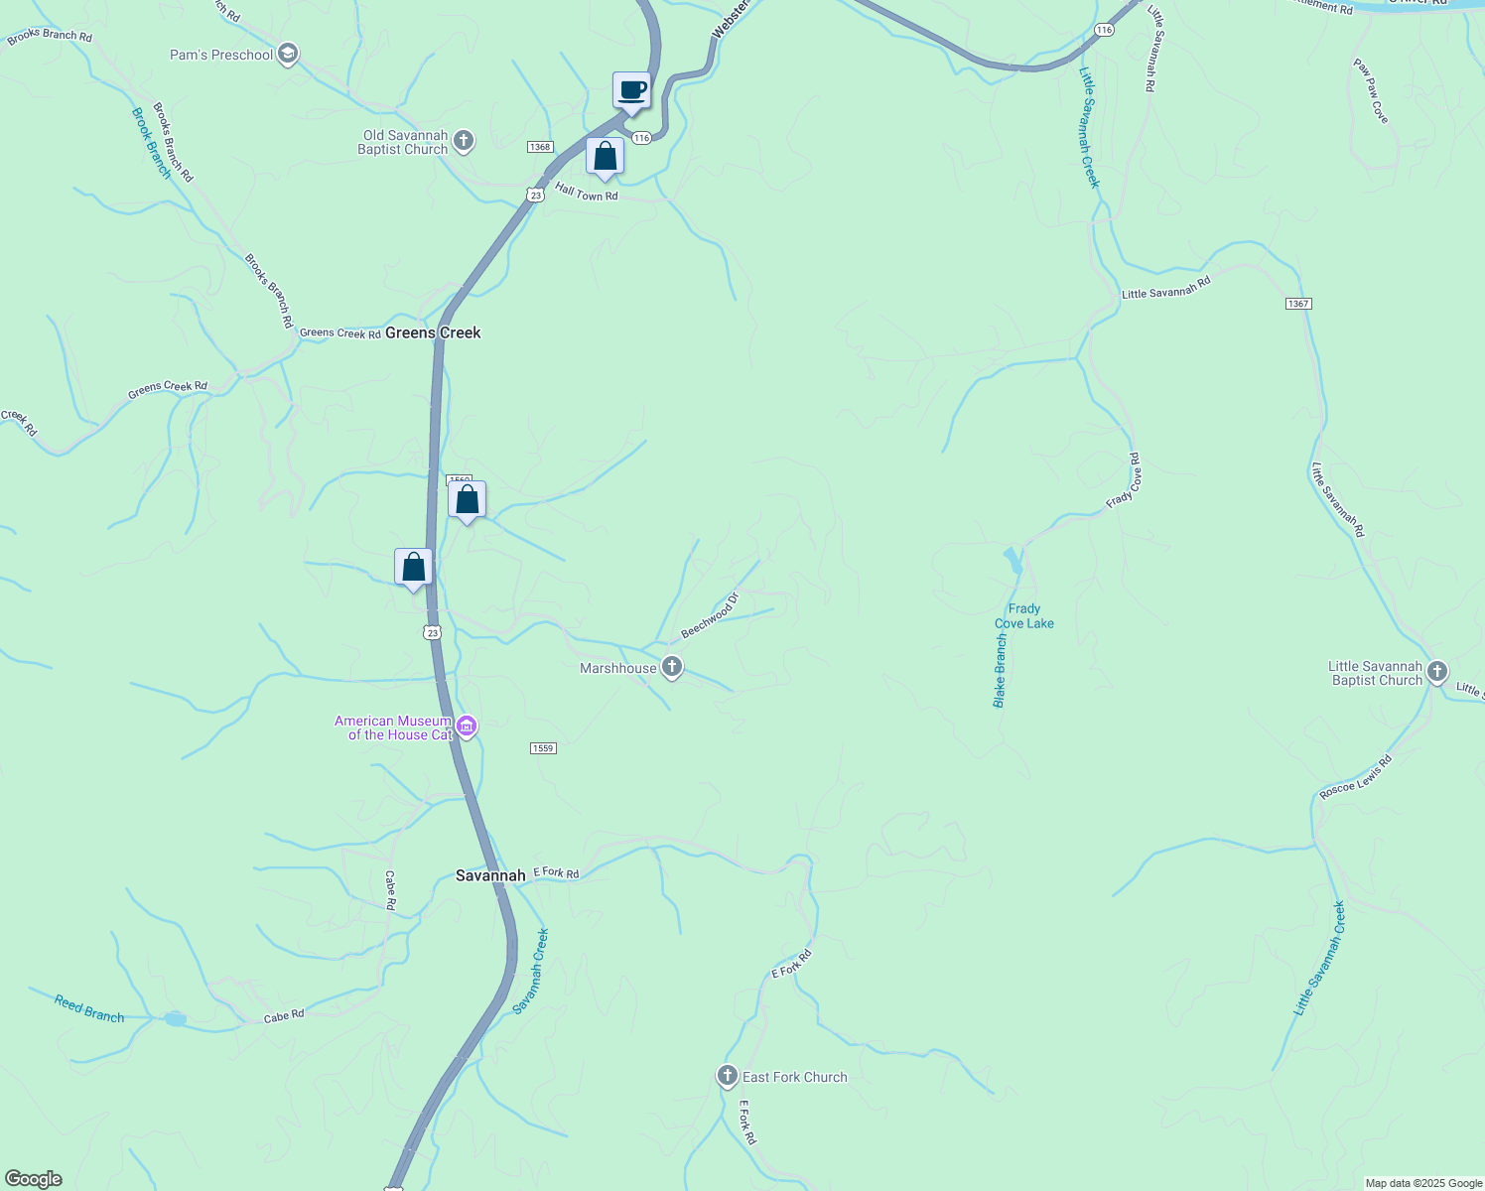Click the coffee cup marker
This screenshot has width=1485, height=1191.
(631, 91)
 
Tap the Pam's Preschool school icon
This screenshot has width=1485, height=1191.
(288, 54)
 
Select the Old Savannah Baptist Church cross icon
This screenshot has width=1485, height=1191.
(464, 142)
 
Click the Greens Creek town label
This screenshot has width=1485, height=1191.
(433, 332)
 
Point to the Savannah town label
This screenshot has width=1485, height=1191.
(490, 875)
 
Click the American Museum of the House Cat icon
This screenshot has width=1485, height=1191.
(467, 727)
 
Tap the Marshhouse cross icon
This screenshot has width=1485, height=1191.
(672, 667)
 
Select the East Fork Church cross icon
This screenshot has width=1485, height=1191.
(728, 1076)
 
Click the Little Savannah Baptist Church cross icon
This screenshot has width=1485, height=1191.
(1436, 673)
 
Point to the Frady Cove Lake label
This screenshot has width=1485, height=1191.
(1024, 616)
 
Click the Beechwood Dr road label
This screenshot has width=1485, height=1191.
(711, 615)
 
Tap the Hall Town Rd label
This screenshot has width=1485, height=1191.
(586, 192)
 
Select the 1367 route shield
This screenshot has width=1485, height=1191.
(1298, 303)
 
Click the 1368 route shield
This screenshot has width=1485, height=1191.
(540, 147)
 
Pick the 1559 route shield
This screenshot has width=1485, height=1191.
(542, 748)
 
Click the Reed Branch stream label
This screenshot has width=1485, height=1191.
(89, 1008)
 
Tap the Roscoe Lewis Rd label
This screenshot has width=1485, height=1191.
(1356, 777)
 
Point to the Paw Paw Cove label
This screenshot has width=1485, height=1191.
(1370, 90)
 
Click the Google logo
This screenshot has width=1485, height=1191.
(34, 1178)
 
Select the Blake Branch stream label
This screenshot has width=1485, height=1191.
(1000, 671)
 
